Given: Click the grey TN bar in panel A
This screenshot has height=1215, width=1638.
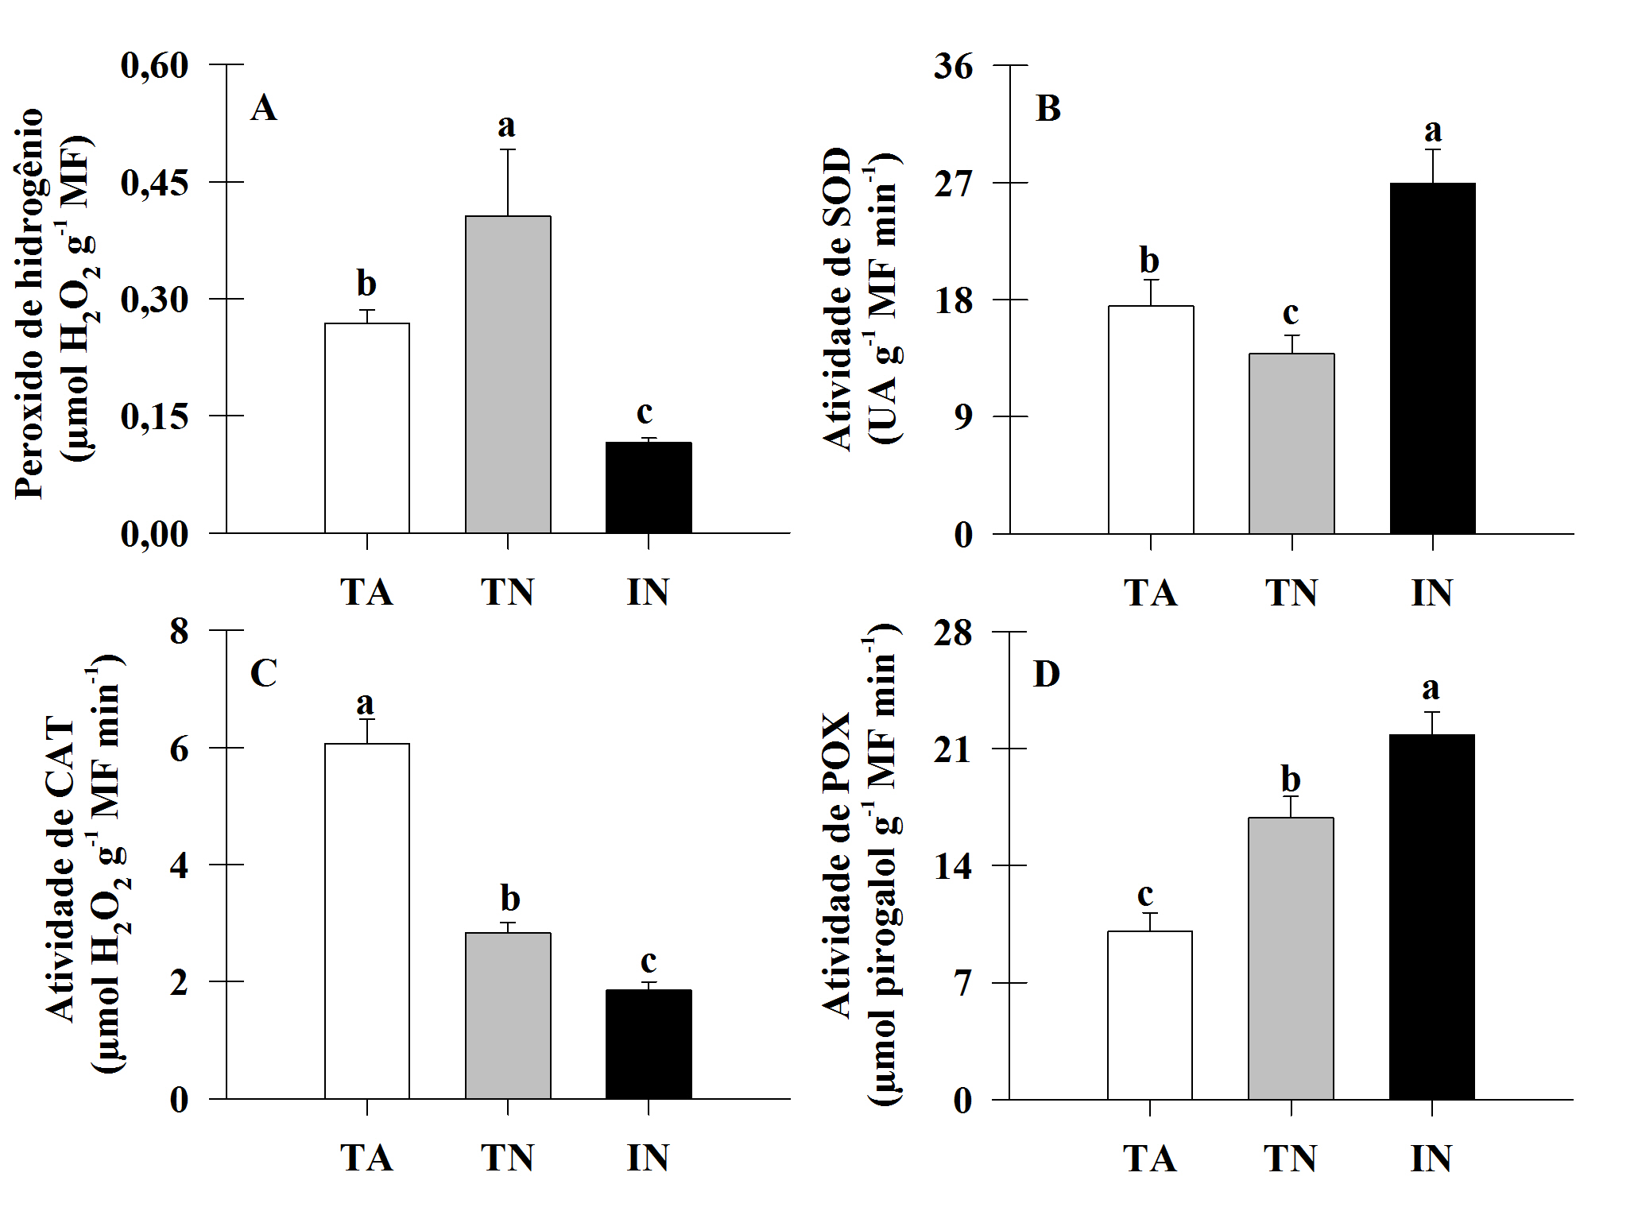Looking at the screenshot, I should pos(508,373).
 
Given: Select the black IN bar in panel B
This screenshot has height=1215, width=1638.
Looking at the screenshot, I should pos(1432,358).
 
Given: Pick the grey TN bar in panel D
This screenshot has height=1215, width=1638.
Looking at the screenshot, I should pos(1291,958).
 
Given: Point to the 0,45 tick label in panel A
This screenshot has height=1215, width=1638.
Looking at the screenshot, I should pos(155,183).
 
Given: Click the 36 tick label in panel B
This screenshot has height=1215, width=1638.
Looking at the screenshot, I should pos(953,67).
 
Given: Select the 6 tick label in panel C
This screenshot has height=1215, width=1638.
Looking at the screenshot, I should pos(180,749).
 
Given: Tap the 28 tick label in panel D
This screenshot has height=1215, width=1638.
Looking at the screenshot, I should pos(953,633).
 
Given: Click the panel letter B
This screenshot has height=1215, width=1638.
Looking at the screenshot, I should pos(1048,109).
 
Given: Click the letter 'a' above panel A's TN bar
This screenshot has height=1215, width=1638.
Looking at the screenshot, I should pos(506,126).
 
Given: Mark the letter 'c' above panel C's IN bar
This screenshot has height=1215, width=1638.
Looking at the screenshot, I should pos(649,962).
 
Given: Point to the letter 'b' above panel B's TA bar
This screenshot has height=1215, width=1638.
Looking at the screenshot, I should pos(1149,260).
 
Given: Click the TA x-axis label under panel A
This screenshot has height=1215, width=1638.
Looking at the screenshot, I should pos(366,592).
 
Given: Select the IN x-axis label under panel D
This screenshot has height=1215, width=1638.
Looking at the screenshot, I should pos(1431,1159).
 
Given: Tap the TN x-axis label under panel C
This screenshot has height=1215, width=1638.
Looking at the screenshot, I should pos(507,1158).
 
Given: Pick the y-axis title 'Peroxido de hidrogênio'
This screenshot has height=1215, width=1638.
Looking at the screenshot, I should pos(29,302).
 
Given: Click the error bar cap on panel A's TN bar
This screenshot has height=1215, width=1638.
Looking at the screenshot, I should pos(508,149).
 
